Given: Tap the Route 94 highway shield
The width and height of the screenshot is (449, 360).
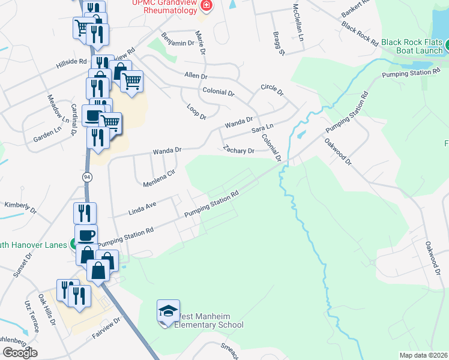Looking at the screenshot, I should pos(87,177).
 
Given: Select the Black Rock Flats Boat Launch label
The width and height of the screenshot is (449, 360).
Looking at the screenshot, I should pos(411,47).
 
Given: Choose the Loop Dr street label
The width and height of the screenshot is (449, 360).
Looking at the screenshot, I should pos(196,112).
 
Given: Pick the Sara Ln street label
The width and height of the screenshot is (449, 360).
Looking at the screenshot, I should pos(262,128).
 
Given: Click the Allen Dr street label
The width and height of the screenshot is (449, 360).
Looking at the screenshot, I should pos(196,76).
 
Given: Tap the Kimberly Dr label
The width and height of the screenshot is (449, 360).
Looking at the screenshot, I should pos(20,206).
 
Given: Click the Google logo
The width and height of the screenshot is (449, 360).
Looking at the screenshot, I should pos(20,352).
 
